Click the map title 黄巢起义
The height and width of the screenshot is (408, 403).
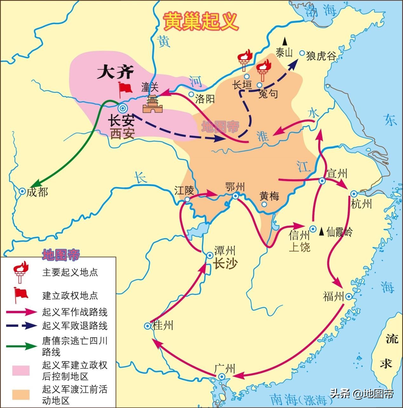200,22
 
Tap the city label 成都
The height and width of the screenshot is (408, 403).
37,192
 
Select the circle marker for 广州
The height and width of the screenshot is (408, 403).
221,377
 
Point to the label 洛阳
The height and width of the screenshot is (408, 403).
205,99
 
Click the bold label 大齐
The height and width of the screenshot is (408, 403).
111,73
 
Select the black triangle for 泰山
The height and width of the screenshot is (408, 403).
285,41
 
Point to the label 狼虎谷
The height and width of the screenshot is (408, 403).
321,56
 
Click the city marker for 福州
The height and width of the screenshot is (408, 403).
348,297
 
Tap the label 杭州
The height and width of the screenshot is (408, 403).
361,204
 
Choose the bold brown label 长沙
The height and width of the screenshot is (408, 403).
225,264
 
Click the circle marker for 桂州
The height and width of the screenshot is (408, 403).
147,326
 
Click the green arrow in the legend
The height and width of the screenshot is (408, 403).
22,346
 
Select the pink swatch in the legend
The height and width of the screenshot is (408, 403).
21,371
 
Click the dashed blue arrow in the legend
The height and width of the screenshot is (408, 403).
22,325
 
